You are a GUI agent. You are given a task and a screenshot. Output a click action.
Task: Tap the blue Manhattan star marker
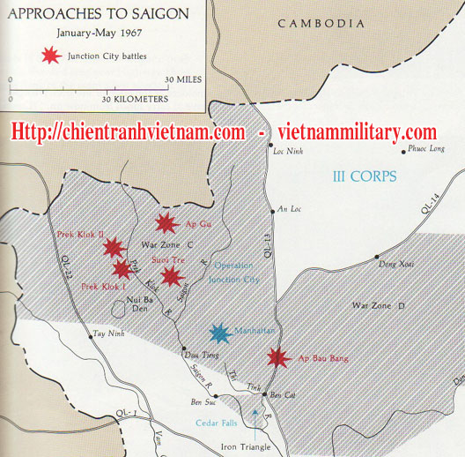[x=218, y=333]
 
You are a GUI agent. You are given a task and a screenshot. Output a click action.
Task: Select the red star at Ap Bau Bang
[x=278, y=357]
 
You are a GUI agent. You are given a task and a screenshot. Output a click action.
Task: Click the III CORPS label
[x=365, y=176]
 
